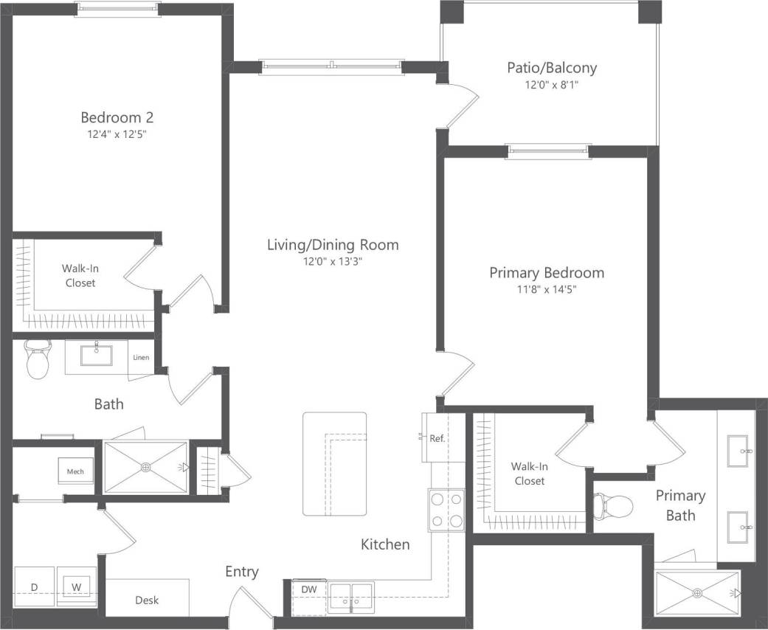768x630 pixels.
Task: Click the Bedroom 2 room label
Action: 117,117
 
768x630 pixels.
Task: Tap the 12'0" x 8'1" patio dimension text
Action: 552,85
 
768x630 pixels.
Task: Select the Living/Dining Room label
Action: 333,245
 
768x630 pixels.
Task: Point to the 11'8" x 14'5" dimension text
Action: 547,290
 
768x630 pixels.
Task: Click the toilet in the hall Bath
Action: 36,361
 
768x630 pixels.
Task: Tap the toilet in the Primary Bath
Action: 613,506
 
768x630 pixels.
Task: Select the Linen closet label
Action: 141,358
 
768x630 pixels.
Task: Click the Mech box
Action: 75,471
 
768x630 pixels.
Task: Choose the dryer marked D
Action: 34,586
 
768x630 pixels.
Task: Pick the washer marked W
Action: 76,586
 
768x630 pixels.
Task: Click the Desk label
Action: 147,600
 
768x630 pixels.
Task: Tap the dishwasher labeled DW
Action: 309,589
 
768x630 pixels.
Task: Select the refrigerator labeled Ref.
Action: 435,437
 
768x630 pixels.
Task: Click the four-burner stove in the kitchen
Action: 447,510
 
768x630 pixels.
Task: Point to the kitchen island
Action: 334,464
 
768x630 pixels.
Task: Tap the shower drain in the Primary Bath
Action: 696,592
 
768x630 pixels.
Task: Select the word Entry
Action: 242,572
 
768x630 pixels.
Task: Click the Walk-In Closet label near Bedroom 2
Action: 80,275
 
